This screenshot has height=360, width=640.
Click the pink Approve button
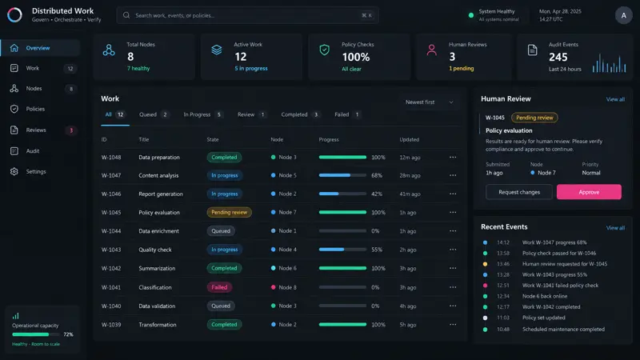589,192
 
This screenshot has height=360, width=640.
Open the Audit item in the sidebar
33,151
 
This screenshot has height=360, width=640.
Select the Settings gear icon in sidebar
14,171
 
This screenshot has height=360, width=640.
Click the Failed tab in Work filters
346,114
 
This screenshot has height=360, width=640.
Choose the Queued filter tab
154,114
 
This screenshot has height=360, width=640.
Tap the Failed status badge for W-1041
219,287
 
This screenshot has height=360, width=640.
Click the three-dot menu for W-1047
453,175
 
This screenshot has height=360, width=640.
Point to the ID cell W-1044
111,231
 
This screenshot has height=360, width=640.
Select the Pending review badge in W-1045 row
229,212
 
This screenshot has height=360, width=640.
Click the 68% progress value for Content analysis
377,175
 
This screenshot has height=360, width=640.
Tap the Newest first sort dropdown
430,102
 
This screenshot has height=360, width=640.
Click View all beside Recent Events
615,228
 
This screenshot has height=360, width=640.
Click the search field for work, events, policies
247,15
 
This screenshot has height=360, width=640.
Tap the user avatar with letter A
623,15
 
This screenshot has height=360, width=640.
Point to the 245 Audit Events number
558,57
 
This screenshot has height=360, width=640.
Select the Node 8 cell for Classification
284,287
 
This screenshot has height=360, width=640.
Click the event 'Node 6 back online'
545,296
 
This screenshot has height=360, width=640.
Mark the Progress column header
329,139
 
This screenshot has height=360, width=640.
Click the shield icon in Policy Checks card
325,50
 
